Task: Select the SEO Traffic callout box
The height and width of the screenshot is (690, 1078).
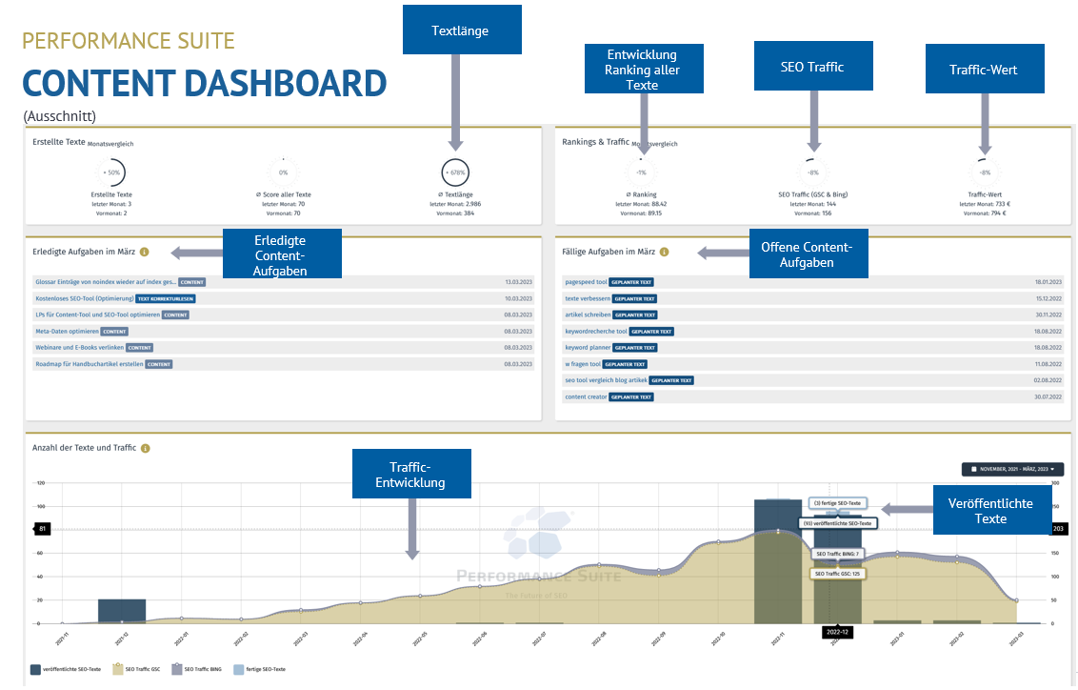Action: [812, 67]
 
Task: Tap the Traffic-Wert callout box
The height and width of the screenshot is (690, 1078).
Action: [984, 70]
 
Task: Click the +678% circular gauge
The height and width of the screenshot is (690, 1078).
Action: [455, 172]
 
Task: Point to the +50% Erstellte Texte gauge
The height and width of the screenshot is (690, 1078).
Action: [112, 172]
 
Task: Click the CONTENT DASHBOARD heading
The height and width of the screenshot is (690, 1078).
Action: [204, 84]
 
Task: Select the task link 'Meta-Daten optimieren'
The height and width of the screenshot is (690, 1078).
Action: [67, 331]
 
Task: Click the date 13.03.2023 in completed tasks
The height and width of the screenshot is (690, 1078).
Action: [519, 282]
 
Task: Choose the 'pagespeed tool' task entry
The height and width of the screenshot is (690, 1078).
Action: [585, 282]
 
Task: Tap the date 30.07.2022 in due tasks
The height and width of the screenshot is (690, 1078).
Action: [1048, 396]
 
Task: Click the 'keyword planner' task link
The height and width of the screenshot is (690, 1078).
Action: [588, 348]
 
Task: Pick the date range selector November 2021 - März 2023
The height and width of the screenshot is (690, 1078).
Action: [1012, 469]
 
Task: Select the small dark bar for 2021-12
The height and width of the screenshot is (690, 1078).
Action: [122, 611]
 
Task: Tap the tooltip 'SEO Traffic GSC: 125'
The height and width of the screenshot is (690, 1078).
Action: [837, 574]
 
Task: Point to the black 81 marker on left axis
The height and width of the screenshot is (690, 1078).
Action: [42, 528]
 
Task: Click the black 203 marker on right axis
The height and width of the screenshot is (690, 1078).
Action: [1058, 528]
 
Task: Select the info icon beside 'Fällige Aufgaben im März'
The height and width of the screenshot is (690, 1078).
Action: [664, 252]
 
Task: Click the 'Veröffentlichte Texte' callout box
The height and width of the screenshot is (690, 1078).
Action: [989, 510]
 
